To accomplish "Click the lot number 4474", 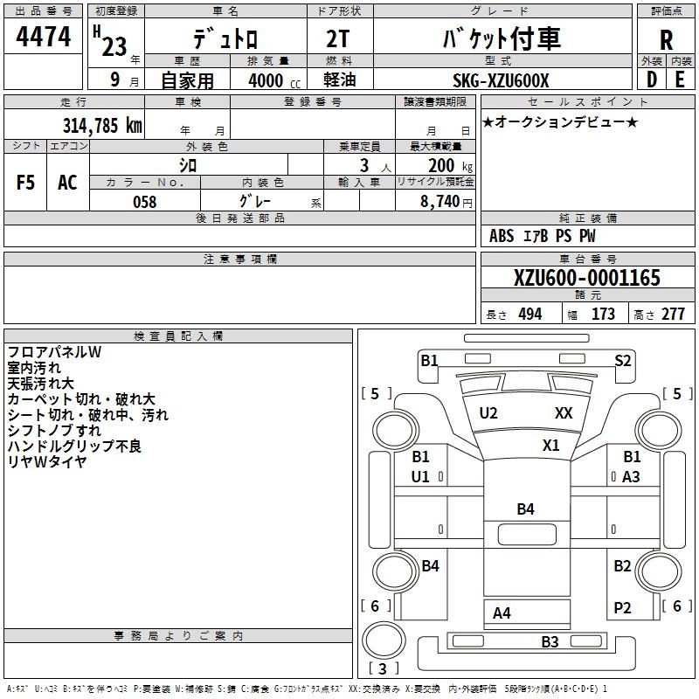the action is (x=43, y=37).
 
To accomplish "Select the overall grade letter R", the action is (x=666, y=40).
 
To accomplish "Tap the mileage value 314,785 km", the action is (x=102, y=125).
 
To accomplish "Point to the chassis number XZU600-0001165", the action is (x=587, y=277).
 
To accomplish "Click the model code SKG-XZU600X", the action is (x=501, y=80).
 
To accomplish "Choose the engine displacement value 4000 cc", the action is (x=274, y=80).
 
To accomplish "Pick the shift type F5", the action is (x=25, y=183).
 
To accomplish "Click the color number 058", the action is (x=145, y=202).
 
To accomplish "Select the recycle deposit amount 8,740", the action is (x=439, y=202).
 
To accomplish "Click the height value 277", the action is (x=673, y=315).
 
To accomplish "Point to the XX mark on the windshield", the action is (x=564, y=412).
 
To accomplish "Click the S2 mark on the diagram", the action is (x=623, y=360).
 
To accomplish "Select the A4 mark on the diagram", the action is (x=502, y=613).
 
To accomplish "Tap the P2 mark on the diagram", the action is (x=622, y=607).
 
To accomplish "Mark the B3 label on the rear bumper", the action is (x=550, y=641).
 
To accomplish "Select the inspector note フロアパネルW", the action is (x=54, y=352).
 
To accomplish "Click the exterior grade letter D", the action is (x=652, y=80).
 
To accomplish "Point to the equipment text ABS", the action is (x=502, y=235).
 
